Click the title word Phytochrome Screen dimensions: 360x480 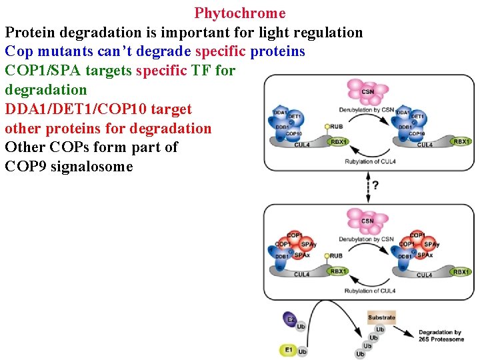tap(240, 13)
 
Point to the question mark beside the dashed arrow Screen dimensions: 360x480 tap(375, 185)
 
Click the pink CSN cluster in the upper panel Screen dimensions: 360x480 tap(367, 92)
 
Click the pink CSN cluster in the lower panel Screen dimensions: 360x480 tap(367, 221)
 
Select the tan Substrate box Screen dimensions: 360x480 tap(381, 317)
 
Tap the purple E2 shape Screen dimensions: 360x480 tap(290, 319)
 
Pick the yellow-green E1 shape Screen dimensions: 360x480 tap(288, 349)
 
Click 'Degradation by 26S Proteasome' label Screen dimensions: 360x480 tap(440, 335)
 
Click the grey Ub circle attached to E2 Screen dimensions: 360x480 tap(302, 327)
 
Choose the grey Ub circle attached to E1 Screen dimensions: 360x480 tap(302, 351)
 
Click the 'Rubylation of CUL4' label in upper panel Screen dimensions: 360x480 tap(371, 162)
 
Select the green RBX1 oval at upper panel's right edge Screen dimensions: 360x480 tap(461, 141)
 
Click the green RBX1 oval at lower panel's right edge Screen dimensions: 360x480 tap(461, 271)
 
